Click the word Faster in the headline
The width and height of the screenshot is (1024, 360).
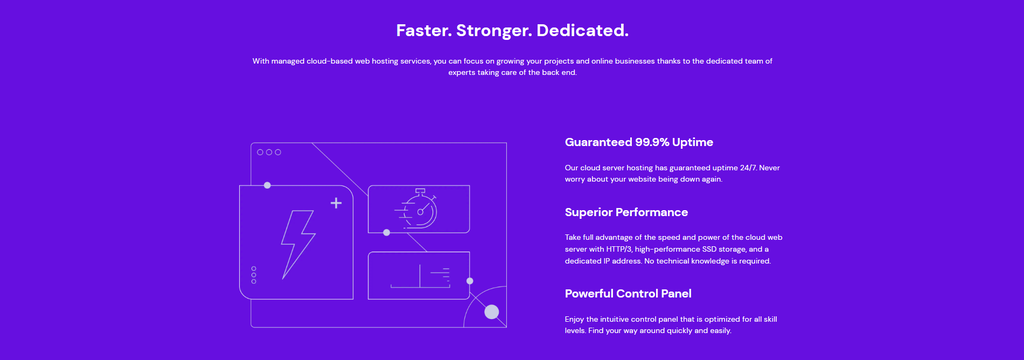click(x=421, y=30)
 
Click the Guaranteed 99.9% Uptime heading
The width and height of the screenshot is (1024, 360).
click(x=639, y=142)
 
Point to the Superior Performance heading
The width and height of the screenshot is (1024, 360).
click(x=626, y=212)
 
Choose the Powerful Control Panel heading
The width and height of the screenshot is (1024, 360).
click(x=628, y=293)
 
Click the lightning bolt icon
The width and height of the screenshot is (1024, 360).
click(x=298, y=243)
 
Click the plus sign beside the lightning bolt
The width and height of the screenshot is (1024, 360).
click(x=336, y=203)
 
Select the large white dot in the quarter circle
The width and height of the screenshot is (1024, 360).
click(x=491, y=312)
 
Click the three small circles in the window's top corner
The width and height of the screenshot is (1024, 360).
click(x=269, y=152)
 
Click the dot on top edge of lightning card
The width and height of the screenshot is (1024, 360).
click(x=267, y=185)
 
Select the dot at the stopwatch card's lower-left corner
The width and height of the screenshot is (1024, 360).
click(x=387, y=232)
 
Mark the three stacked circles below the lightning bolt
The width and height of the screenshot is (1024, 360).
click(x=254, y=275)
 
